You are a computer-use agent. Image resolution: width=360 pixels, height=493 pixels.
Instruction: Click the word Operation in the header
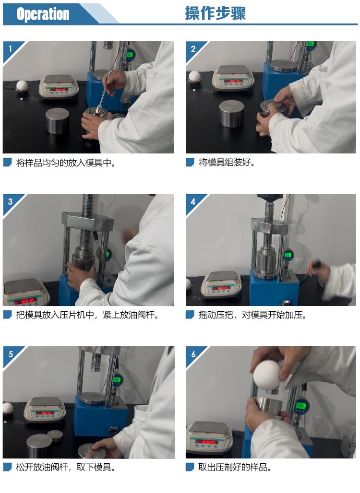[x=43, y=14]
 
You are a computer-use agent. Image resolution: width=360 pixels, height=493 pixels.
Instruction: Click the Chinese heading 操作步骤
[x=215, y=13]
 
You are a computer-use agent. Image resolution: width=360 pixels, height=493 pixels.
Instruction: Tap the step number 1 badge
[x=11, y=49]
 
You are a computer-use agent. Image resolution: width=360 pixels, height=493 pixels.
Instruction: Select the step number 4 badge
[x=193, y=201]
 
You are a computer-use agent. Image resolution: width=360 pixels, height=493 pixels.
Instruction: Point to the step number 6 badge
[x=193, y=354]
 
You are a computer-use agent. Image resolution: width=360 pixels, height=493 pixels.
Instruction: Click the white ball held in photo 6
[x=267, y=375]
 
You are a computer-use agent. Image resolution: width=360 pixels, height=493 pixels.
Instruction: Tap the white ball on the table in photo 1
[x=22, y=85]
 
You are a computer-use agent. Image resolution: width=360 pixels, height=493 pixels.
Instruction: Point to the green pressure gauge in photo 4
[x=288, y=255]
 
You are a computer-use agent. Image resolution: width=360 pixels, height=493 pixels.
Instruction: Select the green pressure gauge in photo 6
[x=301, y=406]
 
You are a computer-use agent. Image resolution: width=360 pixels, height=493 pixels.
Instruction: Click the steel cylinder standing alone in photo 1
[x=57, y=121]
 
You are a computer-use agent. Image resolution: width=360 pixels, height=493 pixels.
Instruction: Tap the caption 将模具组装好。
[x=227, y=162]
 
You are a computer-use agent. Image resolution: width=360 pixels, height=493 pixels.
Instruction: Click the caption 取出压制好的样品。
[x=234, y=467]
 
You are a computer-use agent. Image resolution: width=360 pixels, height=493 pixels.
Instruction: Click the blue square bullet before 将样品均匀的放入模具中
[x=7, y=162]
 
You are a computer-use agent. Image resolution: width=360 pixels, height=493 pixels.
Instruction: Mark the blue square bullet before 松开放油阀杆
[x=7, y=467]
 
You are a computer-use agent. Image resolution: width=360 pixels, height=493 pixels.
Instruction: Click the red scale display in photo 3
[x=25, y=301]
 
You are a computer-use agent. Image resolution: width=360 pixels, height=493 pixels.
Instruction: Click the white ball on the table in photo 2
[x=194, y=76]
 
